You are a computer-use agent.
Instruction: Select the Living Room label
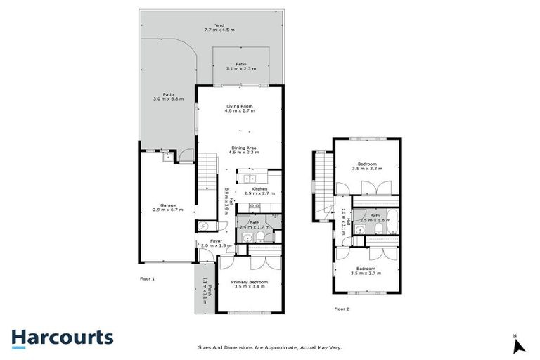(x=238, y=109)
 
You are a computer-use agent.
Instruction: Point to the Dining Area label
(x=245, y=150)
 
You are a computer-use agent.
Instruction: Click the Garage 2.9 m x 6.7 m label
(x=167, y=207)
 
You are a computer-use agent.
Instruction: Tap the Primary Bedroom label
(x=251, y=285)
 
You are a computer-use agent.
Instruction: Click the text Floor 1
(x=147, y=279)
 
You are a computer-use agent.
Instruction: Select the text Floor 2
(x=342, y=309)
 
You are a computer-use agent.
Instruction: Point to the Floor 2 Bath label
(x=375, y=218)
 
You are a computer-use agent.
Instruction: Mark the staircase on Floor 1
(x=205, y=176)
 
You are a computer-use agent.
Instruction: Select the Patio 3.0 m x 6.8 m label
(x=168, y=97)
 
